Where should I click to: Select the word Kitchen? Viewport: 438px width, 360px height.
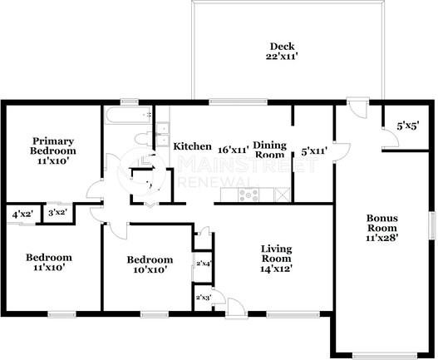pyautogui.click(x=192, y=146)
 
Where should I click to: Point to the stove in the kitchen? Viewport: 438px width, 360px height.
pyautogui.click(x=249, y=195)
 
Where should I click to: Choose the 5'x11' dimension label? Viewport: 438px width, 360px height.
pyautogui.click(x=313, y=152)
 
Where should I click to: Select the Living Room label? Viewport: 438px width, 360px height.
pyautogui.click(x=276, y=253)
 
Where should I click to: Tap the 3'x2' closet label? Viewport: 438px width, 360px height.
pyautogui.click(x=57, y=213)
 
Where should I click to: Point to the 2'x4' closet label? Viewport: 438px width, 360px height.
pyautogui.click(x=203, y=264)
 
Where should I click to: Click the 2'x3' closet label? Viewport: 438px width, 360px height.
pyautogui.click(x=202, y=297)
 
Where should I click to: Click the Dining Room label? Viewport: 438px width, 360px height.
pyautogui.click(x=269, y=150)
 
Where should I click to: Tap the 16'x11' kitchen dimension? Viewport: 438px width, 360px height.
pyautogui.click(x=234, y=150)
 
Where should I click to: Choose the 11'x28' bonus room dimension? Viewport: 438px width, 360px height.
pyautogui.click(x=383, y=238)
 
